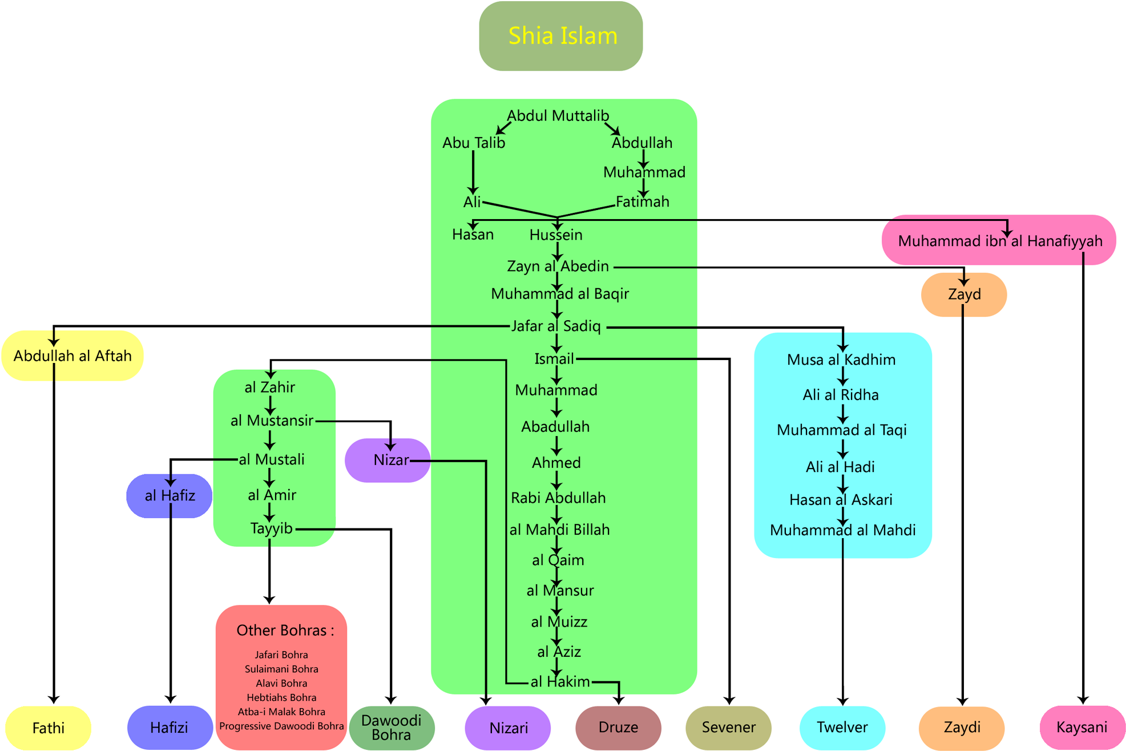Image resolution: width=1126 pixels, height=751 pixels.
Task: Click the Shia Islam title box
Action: pyautogui.click(x=561, y=36)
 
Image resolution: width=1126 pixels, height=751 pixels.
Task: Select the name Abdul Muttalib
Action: pyautogui.click(x=558, y=116)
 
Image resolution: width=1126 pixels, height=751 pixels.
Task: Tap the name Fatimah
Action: pyautogui.click(x=642, y=201)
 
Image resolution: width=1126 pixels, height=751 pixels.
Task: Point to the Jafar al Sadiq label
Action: pyautogui.click(x=556, y=326)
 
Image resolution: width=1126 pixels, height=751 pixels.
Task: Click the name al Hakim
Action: pyautogui.click(x=560, y=681)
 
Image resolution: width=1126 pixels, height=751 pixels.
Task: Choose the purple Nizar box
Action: pyautogui.click(x=388, y=460)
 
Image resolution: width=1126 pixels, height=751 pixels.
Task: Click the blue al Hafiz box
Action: pyautogui.click(x=169, y=495)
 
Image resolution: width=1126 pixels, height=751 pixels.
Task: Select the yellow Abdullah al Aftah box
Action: pyautogui.click(x=72, y=356)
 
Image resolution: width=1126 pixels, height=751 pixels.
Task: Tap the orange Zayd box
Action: pyautogui.click(x=964, y=294)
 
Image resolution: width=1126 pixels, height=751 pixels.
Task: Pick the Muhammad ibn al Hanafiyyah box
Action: pyautogui.click(x=999, y=241)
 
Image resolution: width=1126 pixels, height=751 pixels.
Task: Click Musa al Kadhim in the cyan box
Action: pyautogui.click(x=841, y=360)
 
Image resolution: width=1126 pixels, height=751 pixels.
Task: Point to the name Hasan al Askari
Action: pyautogui.click(x=841, y=500)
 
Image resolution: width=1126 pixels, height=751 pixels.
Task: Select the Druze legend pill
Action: pyautogui.click(x=618, y=728)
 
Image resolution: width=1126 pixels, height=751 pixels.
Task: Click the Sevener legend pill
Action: pyautogui.click(x=728, y=728)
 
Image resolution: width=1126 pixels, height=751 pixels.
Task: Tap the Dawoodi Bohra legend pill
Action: pyautogui.click(x=392, y=728)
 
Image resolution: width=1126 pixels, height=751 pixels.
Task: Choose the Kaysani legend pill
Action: pyautogui.click(x=1081, y=728)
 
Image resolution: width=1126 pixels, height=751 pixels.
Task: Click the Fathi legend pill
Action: pyautogui.click(x=49, y=728)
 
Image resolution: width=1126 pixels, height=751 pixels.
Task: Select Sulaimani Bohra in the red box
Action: pyautogui.click(x=281, y=669)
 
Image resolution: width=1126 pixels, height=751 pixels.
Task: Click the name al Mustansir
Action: pyautogui.click(x=272, y=421)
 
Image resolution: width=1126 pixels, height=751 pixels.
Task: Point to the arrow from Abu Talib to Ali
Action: pyautogui.click(x=473, y=171)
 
